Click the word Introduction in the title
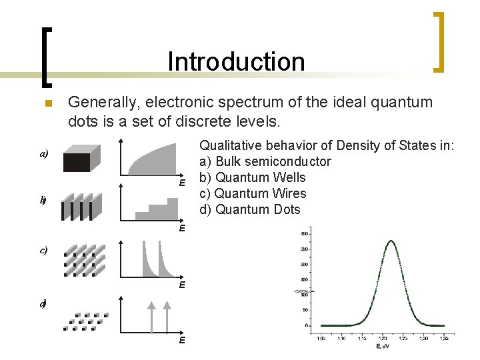[236, 61]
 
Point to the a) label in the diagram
[43, 153]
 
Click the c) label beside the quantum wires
[43, 251]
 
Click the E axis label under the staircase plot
[181, 229]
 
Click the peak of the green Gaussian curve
[391, 241]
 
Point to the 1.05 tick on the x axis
[321, 338]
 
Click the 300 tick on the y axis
[303, 234]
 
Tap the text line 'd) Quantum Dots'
[250, 209]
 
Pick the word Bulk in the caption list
[227, 161]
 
